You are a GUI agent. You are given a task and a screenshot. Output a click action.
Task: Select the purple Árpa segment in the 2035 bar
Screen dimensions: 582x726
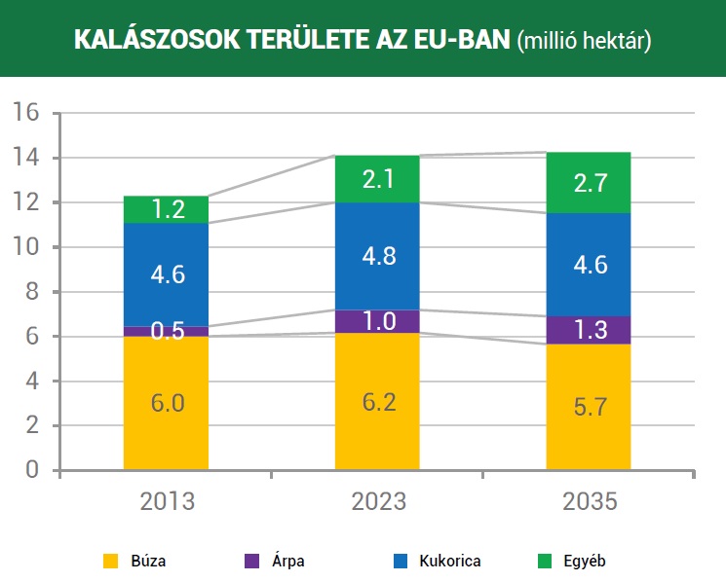[589, 329]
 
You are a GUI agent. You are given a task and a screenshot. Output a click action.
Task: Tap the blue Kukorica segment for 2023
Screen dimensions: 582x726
[377, 256]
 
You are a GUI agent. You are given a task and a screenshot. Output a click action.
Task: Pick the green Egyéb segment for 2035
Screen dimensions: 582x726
[589, 182]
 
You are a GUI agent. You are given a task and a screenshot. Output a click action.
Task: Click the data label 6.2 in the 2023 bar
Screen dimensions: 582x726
[377, 401]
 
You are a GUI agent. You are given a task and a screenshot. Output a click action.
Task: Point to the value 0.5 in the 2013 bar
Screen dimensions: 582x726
[166, 331]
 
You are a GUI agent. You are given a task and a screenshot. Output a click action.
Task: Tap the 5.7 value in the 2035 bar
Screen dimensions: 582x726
[589, 407]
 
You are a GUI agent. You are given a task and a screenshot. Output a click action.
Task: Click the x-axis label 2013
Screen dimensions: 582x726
[166, 502]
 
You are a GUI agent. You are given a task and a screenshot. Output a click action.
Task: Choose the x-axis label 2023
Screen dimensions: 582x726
[377, 502]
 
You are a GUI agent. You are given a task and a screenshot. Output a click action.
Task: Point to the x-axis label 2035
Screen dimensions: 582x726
[589, 502]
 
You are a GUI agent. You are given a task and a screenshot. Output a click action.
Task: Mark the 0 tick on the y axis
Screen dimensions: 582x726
[33, 471]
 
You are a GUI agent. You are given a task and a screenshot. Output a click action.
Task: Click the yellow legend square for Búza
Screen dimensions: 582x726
[111, 561]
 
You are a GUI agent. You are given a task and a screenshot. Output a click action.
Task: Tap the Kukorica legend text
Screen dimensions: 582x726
[449, 561]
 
